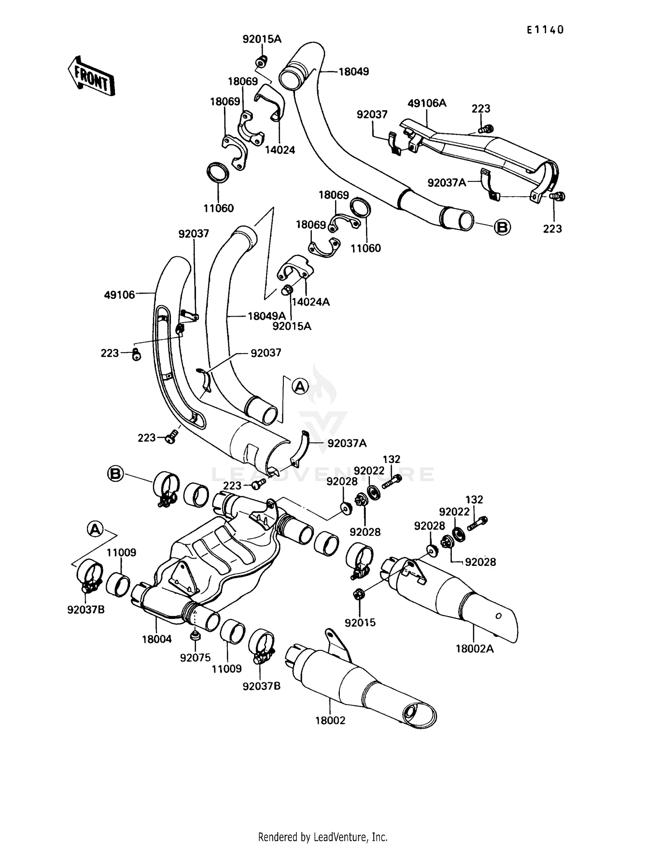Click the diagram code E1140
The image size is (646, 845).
[545, 30]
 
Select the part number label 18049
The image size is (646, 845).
[354, 71]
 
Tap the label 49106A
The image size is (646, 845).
[427, 103]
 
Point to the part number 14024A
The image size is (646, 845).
[311, 302]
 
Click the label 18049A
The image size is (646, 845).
[267, 316]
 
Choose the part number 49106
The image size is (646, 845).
[119, 295]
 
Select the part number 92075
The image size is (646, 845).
[196, 658]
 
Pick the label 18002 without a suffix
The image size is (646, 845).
[330, 721]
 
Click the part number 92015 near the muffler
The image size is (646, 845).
[360, 622]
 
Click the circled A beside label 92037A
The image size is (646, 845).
[300, 386]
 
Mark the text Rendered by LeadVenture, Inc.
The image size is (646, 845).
[323, 837]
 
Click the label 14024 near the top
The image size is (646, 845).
[280, 150]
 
